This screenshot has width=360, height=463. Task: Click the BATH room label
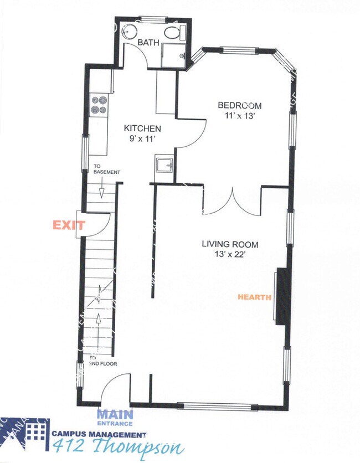[148, 43]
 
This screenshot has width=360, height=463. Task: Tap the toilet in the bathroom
[176, 32]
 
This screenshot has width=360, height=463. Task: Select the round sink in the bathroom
[130, 30]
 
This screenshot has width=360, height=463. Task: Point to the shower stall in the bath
[173, 55]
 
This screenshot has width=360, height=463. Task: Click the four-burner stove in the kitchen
[99, 105]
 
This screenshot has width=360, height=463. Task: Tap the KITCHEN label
[142, 128]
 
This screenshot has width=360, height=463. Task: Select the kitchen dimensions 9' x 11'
[142, 138]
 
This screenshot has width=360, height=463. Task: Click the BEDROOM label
[239, 105]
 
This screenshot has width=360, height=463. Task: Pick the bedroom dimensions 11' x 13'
[239, 116]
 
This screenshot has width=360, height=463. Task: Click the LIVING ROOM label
[230, 244]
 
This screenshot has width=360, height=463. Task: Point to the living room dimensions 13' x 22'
[230, 254]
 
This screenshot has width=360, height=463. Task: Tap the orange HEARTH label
[254, 297]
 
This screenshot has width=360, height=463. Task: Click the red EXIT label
[68, 225]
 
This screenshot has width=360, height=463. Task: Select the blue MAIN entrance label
[115, 414]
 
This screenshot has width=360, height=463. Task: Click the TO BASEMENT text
[106, 169]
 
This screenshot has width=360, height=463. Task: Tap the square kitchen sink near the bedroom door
[164, 166]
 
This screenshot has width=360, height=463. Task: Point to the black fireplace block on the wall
[283, 296]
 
